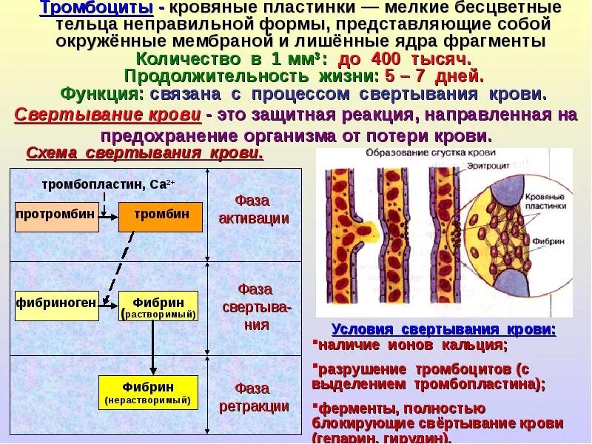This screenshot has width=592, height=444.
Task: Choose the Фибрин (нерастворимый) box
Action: tap(148, 392)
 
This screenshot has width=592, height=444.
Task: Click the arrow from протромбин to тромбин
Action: tap(107, 216)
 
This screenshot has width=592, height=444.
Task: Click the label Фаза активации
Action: tap(254, 209)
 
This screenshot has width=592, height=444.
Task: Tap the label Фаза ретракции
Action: tap(254, 397)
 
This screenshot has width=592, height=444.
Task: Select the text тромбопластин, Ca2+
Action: tap(108, 184)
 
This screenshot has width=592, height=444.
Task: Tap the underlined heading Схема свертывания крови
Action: tap(144, 153)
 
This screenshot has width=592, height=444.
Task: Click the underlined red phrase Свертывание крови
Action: tap(108, 116)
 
